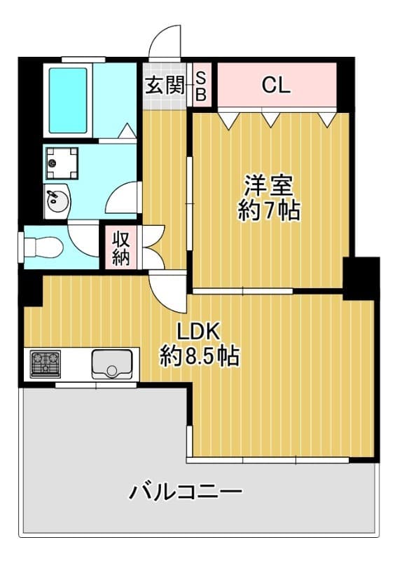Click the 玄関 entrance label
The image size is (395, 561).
tap(165, 86)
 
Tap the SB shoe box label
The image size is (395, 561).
tap(201, 86)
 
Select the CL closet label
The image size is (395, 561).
tap(276, 85)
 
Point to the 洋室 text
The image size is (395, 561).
tap(269, 185)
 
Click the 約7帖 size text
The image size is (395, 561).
tap(269, 210)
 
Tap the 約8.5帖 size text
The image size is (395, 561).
tap(199, 356)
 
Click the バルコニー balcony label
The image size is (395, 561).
tap(185, 492)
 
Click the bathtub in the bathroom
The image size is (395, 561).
tap(68, 100)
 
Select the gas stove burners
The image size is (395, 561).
tap(46, 363)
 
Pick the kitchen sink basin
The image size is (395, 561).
tap(112, 363)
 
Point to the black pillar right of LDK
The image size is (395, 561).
tap(361, 278)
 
